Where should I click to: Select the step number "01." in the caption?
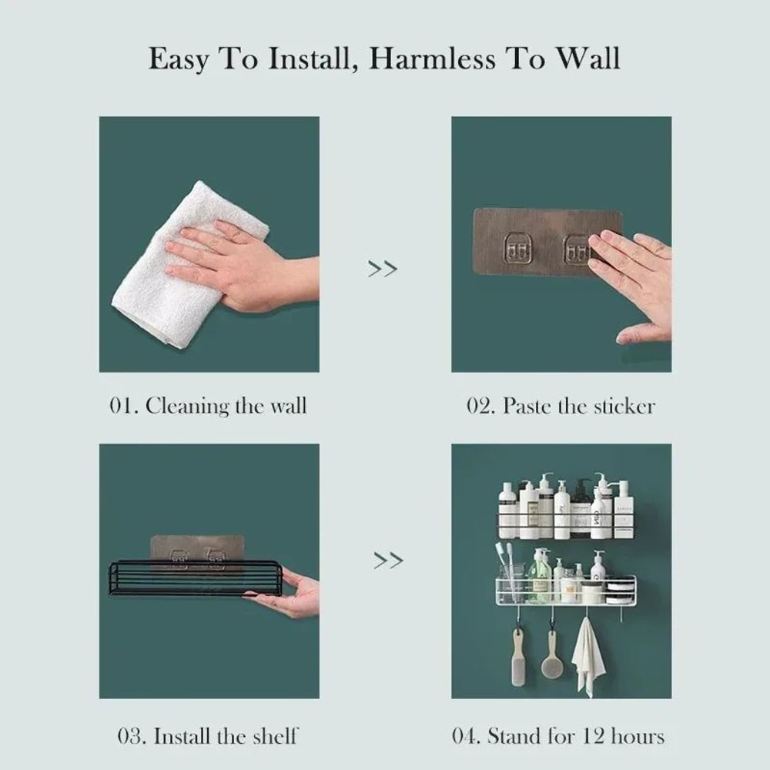tap(123, 406)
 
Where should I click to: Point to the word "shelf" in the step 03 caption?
tap(274, 735)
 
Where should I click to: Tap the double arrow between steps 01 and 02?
tap(383, 269)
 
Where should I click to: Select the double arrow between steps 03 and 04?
tap(388, 561)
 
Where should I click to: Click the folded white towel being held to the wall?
tap(177, 269)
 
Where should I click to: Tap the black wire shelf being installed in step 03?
tap(192, 579)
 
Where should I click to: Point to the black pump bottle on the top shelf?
tap(581, 508)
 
